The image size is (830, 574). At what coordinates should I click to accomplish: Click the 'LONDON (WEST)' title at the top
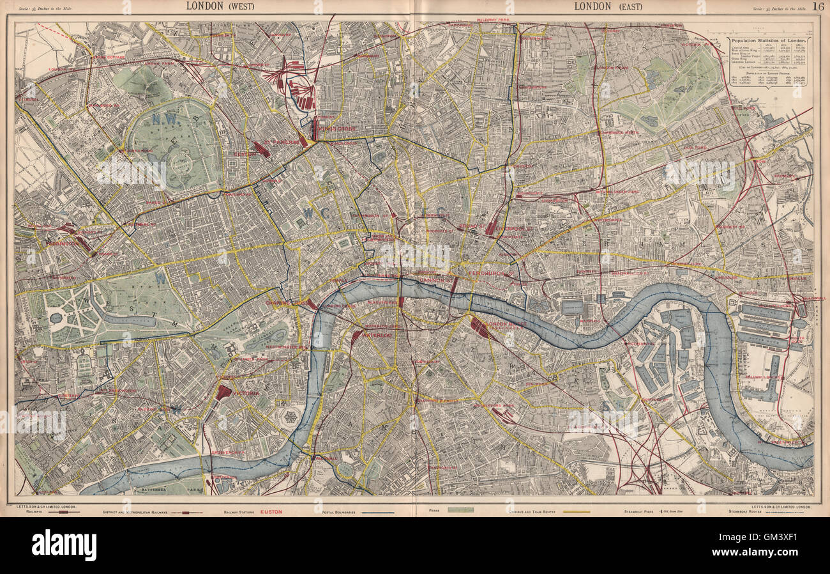click(217, 6)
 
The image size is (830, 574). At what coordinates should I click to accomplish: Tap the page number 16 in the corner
click(818, 6)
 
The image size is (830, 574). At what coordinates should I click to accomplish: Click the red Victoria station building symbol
click(223, 392)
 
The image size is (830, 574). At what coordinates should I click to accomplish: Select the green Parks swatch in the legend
click(460, 509)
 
